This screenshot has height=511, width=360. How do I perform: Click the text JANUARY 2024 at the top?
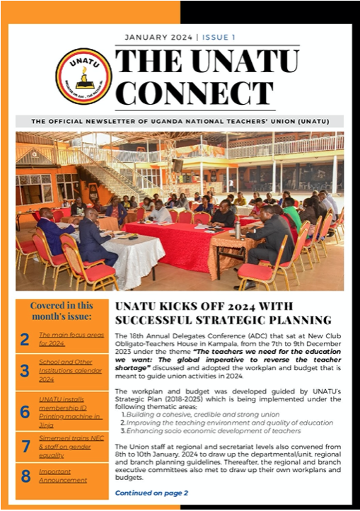click(x=161, y=37)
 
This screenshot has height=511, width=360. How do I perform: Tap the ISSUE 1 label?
click(x=219, y=37)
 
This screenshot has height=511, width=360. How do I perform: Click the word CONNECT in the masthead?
click(x=185, y=92)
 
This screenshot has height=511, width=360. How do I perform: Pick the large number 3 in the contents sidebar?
click(x=25, y=371)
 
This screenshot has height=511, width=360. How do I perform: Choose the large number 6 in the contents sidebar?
click(x=25, y=412)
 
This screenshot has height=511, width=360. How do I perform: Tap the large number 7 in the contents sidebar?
click(x=25, y=446)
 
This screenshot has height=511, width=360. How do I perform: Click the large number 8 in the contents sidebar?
click(x=25, y=476)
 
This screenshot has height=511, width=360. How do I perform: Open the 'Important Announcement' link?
click(x=63, y=476)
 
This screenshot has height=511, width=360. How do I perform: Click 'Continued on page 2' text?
click(x=151, y=492)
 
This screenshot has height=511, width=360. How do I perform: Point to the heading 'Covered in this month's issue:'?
click(x=62, y=311)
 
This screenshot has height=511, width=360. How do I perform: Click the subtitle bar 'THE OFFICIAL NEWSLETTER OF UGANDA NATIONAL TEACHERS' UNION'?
click(x=180, y=121)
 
